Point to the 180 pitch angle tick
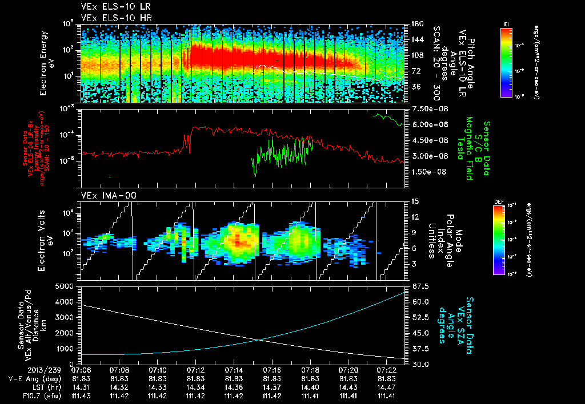[416, 24]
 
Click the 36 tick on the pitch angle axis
[415, 87]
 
